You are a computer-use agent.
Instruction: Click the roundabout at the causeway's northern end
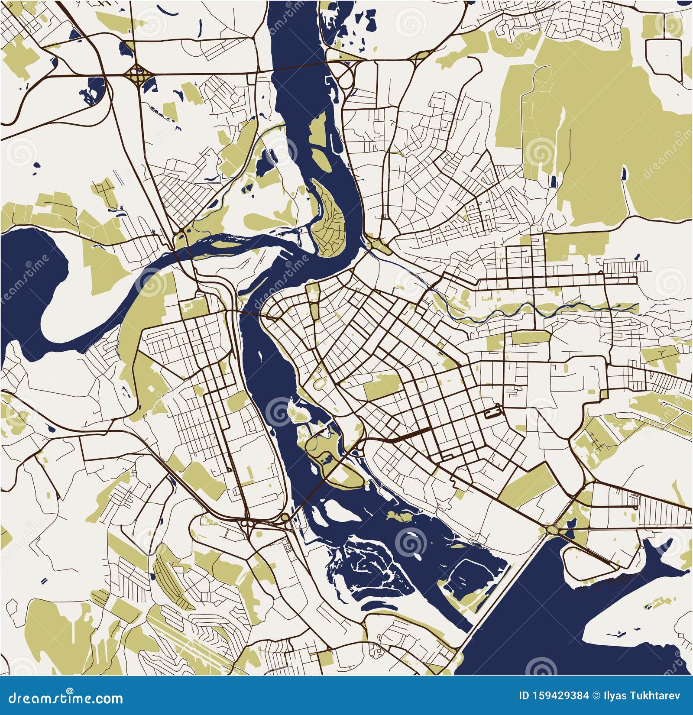click(552, 530)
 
